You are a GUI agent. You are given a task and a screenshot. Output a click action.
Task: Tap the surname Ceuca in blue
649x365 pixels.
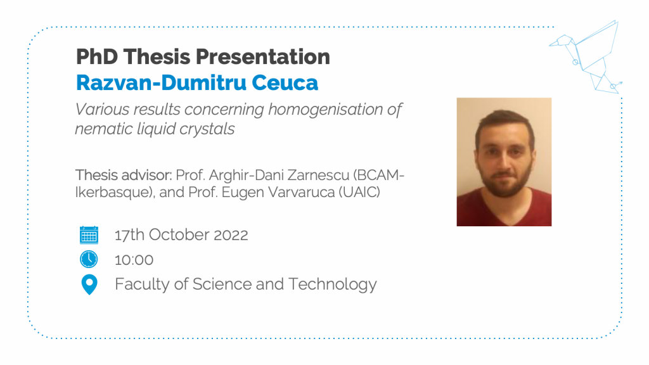pos(285,83)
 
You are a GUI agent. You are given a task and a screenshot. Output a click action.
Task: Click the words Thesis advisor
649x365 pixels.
pos(124,175)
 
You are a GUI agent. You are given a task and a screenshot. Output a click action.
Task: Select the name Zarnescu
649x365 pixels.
pos(318,175)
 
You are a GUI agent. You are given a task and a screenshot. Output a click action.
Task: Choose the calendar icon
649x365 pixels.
pos(89,235)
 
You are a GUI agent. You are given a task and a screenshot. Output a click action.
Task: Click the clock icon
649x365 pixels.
pos(89,259)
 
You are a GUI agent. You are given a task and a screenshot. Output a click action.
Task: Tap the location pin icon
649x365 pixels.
pos(89,285)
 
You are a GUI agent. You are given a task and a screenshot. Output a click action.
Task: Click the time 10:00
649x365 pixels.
pos(134,260)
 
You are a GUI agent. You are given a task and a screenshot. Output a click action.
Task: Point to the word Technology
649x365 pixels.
pos(332,285)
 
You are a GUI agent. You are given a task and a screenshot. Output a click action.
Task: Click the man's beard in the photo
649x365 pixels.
pos(504,182)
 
